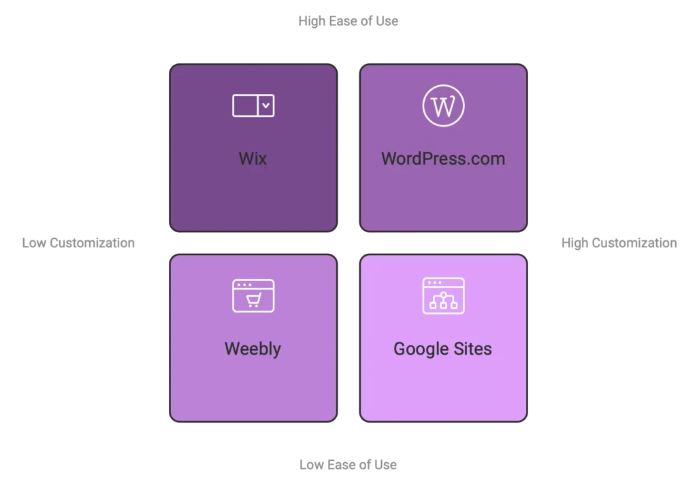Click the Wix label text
pos(253,159)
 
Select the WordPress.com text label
pos(443,159)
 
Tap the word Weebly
pos(253,349)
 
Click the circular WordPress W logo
pos(443,106)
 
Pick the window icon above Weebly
pos(253,295)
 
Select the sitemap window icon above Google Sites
pos(443,295)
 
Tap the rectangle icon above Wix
pos(253,106)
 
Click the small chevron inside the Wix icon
pos(266,106)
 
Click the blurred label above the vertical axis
pos(348,20)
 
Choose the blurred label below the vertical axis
pos(348,466)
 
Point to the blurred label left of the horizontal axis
pos(79,243)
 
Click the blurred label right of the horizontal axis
pos(620,244)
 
